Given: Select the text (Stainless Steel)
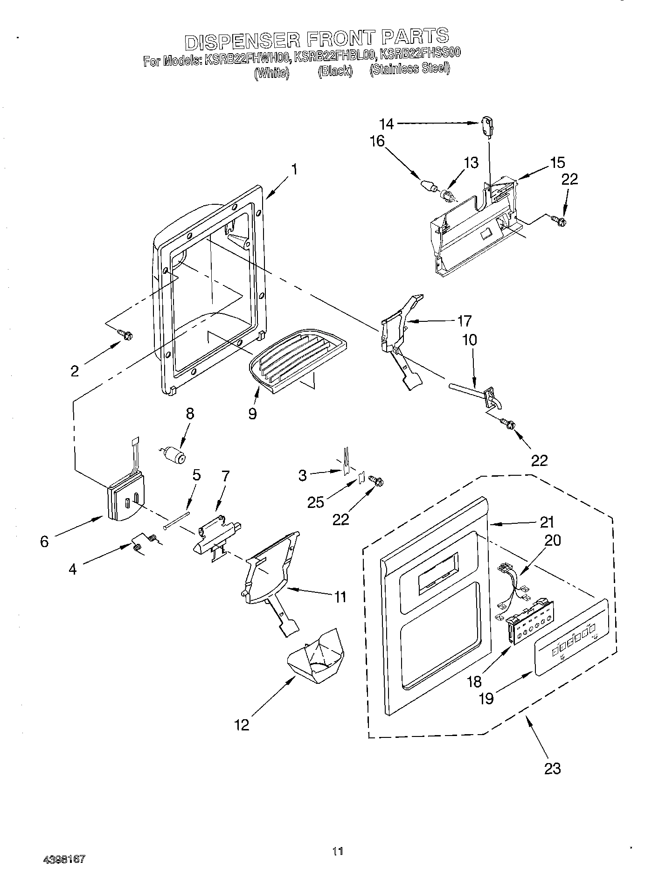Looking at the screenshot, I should point(409,69).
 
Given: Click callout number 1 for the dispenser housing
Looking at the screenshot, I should point(294,169).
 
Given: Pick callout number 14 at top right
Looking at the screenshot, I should point(387,124).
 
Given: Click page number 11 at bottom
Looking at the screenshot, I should point(338,851).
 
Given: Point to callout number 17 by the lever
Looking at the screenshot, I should point(464,321).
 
